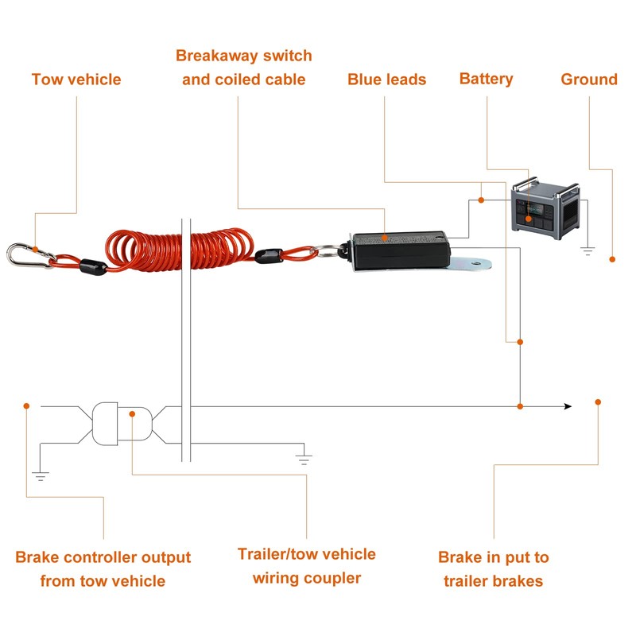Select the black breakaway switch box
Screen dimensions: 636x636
(400, 252)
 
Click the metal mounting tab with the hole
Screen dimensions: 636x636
(475, 262)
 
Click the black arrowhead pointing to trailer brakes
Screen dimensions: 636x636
(567, 406)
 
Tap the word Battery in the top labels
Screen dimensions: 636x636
(486, 79)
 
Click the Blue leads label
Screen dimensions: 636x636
(386, 79)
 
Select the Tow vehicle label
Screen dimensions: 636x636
(76, 79)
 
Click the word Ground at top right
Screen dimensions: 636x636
(588, 79)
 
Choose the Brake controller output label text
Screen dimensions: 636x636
(103, 569)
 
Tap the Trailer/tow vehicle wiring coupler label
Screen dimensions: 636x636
(306, 566)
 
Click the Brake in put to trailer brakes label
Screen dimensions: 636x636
(493, 569)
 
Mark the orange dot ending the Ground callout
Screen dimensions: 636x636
(612, 259)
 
